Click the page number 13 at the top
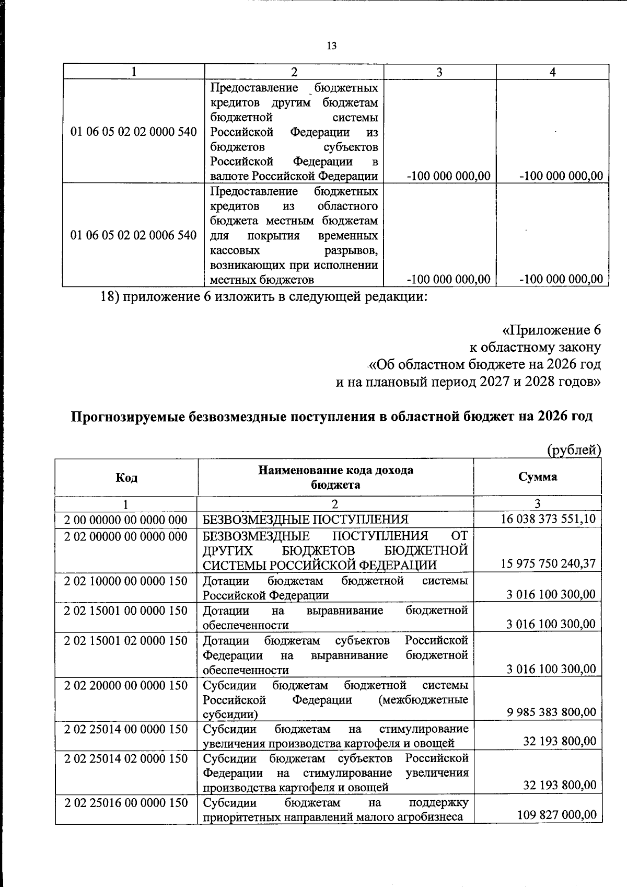331,46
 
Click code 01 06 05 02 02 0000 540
134,132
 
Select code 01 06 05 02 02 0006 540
134,235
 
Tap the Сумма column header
538,477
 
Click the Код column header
126,478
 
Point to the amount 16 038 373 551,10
548,519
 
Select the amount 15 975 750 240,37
548,564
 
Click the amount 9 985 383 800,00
551,712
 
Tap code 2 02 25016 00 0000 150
126,802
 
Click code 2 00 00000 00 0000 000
126,520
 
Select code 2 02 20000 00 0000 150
126,685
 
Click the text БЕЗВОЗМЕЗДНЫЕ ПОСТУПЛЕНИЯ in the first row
305,520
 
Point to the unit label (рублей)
574,450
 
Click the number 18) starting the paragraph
110,297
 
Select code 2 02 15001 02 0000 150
126,640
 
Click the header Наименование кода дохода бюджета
335,477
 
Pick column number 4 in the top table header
552,72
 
